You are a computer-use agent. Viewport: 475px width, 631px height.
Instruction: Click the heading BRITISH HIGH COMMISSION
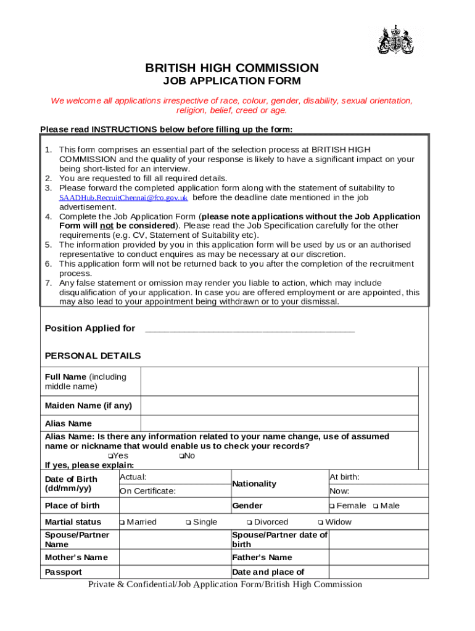231,68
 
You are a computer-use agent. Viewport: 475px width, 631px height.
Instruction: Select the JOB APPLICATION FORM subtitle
231,81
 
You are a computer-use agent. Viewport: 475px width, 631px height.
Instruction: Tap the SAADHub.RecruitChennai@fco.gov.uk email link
123,198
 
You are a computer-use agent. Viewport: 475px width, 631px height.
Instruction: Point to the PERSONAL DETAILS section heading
93,356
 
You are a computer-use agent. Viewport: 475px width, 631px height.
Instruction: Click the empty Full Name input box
279,382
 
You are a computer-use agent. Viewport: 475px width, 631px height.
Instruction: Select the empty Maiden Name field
279,406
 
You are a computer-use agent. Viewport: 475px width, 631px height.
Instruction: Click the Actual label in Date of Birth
133,478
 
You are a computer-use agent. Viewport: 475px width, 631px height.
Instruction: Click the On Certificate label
147,491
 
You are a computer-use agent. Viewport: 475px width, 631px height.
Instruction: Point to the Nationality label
254,484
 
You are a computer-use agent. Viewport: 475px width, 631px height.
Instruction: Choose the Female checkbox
332,507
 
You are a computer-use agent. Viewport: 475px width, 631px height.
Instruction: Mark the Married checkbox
123,523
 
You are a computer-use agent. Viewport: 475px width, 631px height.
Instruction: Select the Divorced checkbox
250,523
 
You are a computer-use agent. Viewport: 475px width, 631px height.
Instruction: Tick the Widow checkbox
321,523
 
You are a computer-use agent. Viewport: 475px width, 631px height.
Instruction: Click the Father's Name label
262,558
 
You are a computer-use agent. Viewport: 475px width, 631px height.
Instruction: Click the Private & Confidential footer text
225,585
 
